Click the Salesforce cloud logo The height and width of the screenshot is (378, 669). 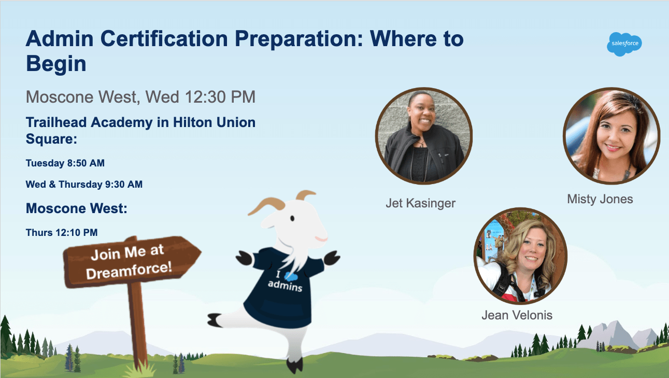point(624,44)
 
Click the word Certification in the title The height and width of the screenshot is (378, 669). point(164,39)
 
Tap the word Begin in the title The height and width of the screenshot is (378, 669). point(56,64)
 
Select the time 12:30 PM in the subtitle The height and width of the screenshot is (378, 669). point(220,97)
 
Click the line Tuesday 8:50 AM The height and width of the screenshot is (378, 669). point(65,163)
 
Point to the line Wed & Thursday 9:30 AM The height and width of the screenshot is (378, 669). point(84,185)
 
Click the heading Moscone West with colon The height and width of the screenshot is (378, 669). point(77,208)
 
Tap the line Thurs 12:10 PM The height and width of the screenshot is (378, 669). point(62,232)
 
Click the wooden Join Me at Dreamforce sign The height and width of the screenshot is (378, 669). point(132,261)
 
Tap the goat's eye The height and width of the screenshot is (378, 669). point(292,218)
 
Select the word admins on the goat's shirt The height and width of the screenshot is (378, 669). point(285,285)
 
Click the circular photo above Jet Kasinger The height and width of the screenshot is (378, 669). point(423,136)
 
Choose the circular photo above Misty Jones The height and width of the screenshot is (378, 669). point(611,136)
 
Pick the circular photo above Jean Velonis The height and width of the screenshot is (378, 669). point(520,256)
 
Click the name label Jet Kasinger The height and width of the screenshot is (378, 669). point(420,203)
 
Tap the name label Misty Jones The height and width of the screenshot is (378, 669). point(600,199)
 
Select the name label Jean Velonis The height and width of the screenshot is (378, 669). point(517,315)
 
